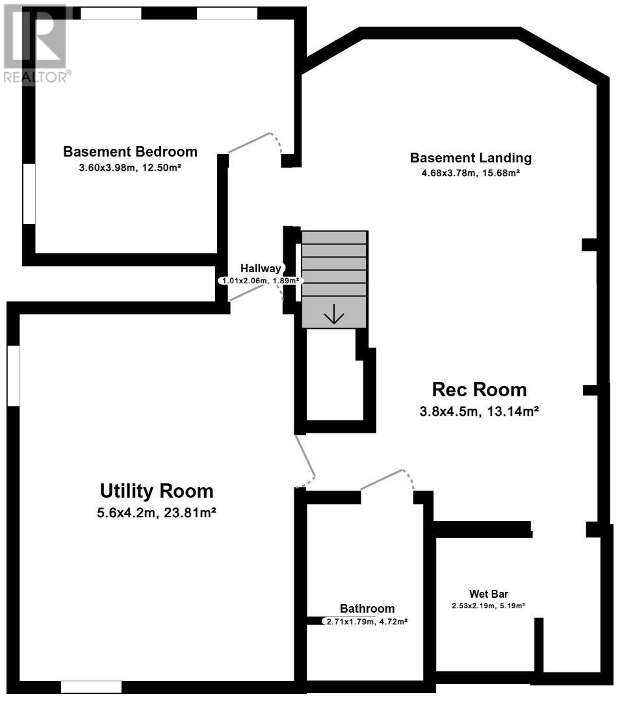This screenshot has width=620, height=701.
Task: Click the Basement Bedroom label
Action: tap(130, 151)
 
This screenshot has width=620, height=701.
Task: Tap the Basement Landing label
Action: tap(471, 158)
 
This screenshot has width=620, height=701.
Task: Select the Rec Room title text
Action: tap(479, 390)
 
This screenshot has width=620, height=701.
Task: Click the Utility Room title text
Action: tap(157, 491)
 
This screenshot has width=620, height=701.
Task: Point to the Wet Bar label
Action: tap(489, 594)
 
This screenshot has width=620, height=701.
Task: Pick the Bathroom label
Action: tap(367, 609)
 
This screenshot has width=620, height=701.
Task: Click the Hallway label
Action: tap(261, 268)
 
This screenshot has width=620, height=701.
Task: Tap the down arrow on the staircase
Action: tap(333, 314)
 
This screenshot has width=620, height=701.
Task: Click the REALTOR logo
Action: tap(36, 44)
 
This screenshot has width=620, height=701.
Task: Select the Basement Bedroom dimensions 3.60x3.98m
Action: tap(107, 168)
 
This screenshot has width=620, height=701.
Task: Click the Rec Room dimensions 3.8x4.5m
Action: tap(448, 411)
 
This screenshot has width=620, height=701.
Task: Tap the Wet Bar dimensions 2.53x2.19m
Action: tap(473, 605)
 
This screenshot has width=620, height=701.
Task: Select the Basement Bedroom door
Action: tap(249, 143)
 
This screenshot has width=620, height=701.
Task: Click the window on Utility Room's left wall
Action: tap(14, 376)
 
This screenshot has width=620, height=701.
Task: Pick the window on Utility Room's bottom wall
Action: tap(91, 687)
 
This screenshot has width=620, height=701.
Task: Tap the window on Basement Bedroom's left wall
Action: tap(29, 194)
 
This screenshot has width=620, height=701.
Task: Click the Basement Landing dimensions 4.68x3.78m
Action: tap(448, 173)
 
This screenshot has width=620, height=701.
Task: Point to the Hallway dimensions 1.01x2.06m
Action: tap(246, 281)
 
